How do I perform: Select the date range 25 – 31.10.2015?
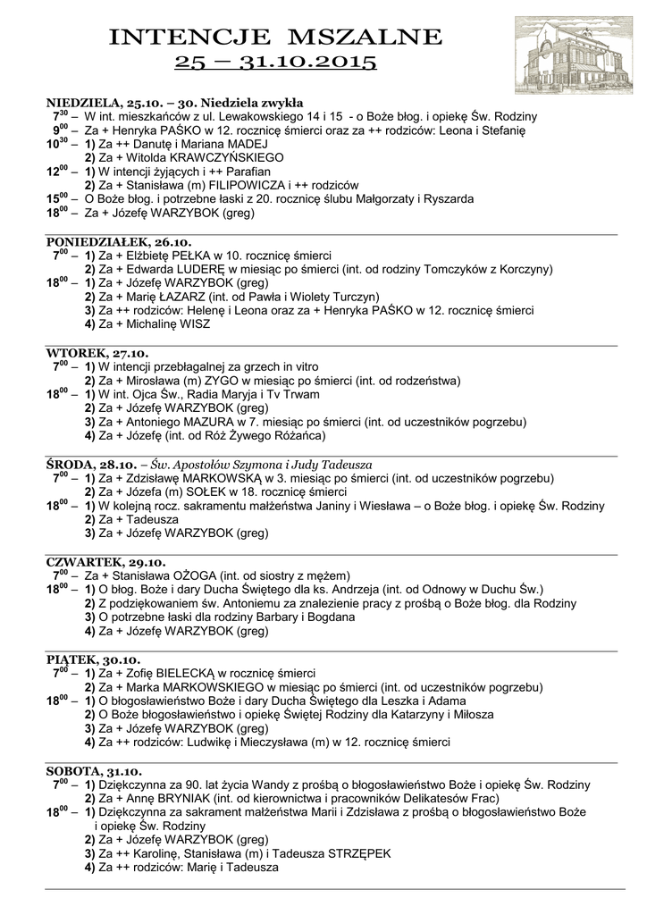click(275, 63)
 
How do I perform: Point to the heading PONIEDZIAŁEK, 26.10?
click(119, 242)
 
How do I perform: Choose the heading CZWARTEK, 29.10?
click(105, 562)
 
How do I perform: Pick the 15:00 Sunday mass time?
click(59, 197)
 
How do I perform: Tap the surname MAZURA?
click(207, 422)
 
